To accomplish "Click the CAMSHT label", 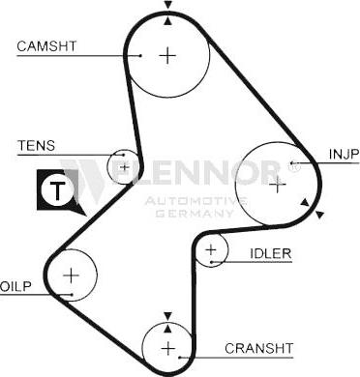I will coord(45,44).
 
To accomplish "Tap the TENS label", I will coord(36,146).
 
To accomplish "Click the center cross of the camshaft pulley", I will coord(168,55).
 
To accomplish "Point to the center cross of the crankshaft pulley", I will coord(168,347).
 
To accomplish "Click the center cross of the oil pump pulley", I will coord(71,275).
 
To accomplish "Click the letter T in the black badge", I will coord(59,191).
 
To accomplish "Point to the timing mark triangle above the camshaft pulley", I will coord(168,19).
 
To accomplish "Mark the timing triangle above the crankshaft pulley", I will coord(168,315).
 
